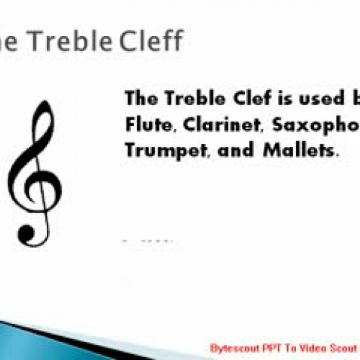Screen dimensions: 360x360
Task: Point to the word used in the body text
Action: tap(309, 99)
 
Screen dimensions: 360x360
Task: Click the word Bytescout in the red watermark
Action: tap(230, 347)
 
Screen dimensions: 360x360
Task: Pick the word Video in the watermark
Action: tap(304, 347)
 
